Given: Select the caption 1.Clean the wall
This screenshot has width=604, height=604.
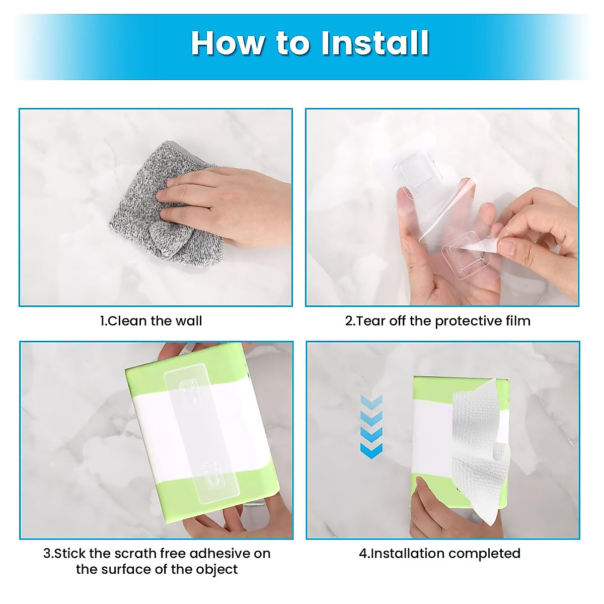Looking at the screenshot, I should point(151,321).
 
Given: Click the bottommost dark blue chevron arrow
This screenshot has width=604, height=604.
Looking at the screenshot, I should point(371,450).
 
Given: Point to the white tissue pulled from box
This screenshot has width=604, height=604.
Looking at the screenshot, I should point(478,443).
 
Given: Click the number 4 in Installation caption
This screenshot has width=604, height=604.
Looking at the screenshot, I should point(362,554).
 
